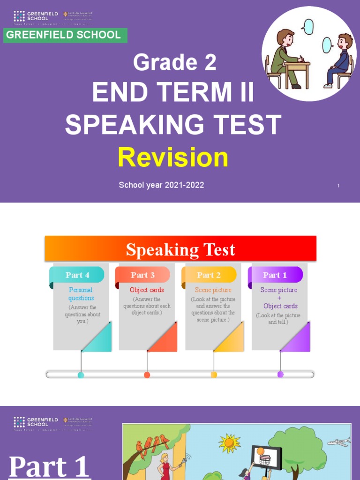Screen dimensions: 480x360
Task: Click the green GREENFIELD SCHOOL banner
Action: coord(65,35)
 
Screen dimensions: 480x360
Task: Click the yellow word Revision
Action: coord(173,157)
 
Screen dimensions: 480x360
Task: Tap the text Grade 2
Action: coord(174,63)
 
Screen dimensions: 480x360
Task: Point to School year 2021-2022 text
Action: coord(161,185)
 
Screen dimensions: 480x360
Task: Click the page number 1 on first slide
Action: coord(338,186)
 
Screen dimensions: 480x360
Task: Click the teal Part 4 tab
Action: coord(78,275)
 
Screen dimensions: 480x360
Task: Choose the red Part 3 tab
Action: coord(143,275)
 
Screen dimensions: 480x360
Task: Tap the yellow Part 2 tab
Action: coord(209,275)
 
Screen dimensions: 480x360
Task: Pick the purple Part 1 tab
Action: coord(275,275)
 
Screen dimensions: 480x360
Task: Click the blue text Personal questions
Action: coord(81,294)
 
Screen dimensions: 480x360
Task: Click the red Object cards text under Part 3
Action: coord(147,290)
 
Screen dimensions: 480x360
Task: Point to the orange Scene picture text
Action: coord(213,290)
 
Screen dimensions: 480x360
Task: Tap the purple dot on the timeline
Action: coord(280,374)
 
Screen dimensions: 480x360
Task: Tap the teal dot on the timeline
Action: coord(81,375)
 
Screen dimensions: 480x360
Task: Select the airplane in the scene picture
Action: coord(339,442)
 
